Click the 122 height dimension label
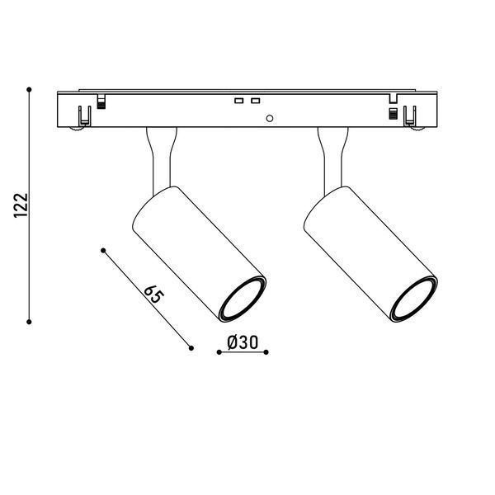21,205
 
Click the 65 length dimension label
154,295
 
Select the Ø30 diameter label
243,342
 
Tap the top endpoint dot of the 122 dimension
29,90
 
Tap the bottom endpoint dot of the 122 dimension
29,322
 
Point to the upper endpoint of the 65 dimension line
103,250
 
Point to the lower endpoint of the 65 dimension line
191,348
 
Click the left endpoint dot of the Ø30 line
219,352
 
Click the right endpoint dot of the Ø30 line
266,352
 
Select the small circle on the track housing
270,118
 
